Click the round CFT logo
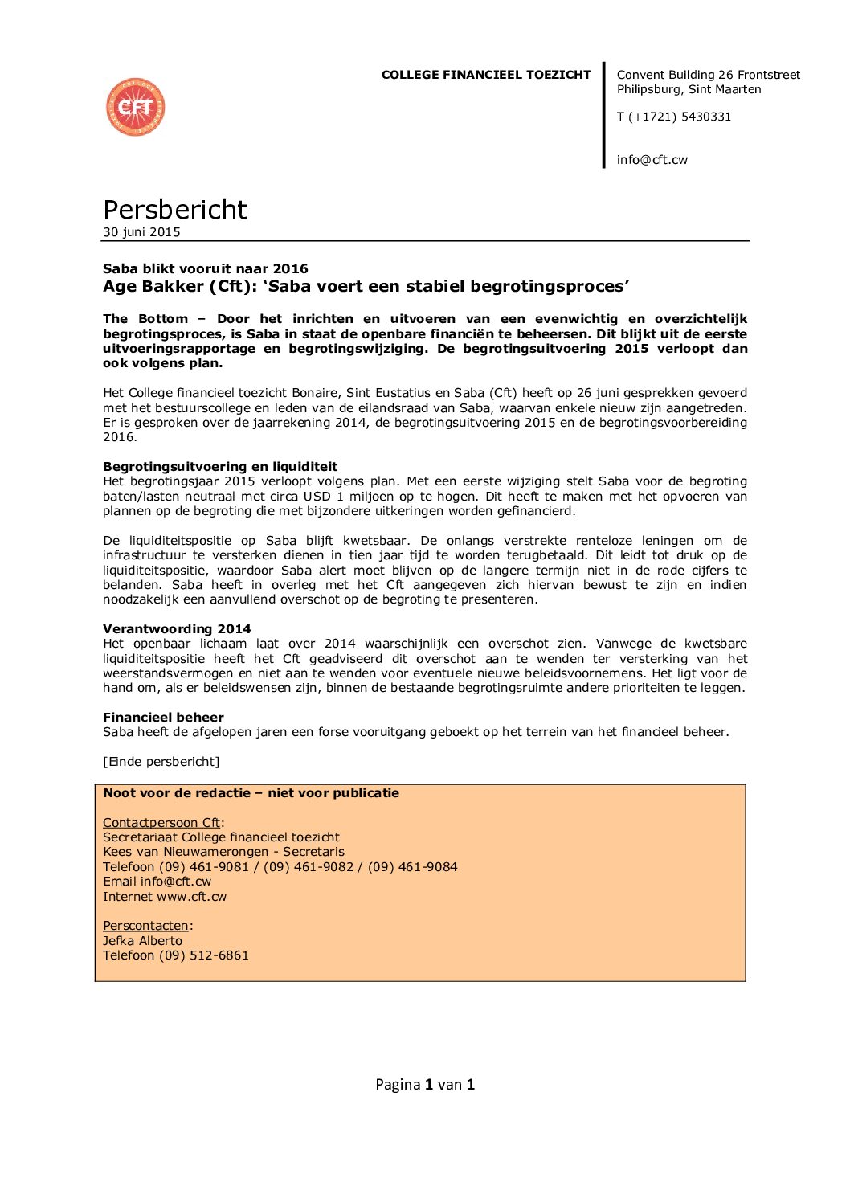[136, 107]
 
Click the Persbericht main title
[174, 210]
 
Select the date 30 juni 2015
[141, 232]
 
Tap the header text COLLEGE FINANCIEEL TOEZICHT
[485, 75]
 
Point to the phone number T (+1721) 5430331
[673, 117]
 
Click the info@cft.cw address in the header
[652, 160]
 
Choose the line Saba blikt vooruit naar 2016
[205, 268]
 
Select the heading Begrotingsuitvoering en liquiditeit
[219, 467]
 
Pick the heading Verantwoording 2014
[177, 629]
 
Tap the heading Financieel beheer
[163, 718]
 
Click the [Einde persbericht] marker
[161, 762]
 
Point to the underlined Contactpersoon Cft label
[161, 823]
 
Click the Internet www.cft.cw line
[165, 897]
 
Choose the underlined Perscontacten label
[145, 926]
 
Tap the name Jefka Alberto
[142, 941]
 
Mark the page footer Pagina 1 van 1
[425, 1085]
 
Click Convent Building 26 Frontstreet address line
[708, 75]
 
